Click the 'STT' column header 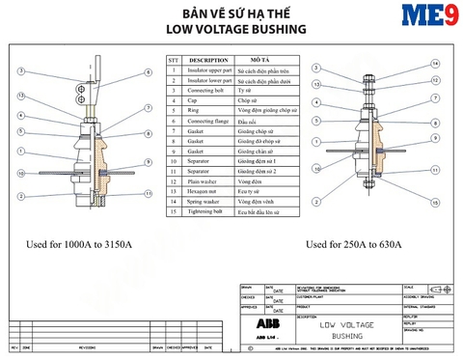[x=174, y=59]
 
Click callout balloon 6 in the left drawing [x=148, y=72]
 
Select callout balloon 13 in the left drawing [x=20, y=95]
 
